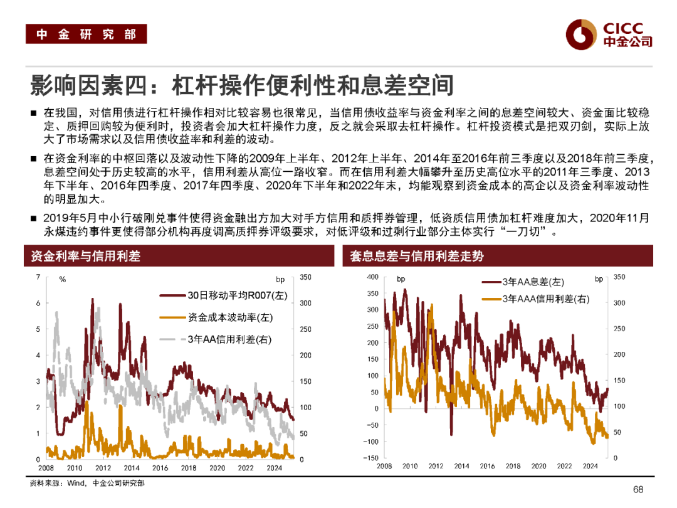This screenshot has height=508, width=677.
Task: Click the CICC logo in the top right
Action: point(608,34)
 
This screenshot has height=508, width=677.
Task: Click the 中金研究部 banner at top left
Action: point(86,34)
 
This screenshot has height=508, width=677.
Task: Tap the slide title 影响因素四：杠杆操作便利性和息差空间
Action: point(241,85)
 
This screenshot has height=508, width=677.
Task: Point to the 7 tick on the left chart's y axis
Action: point(38,277)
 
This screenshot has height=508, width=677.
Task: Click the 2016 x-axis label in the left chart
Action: point(160,468)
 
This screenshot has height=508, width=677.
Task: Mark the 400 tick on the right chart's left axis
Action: point(372,277)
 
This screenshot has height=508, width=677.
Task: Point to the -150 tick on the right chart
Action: point(370,458)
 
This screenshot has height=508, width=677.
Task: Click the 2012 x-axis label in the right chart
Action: point(436,467)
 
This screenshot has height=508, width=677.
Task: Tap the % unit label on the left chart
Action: point(63,280)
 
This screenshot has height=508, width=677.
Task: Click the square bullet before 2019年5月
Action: point(33,219)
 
